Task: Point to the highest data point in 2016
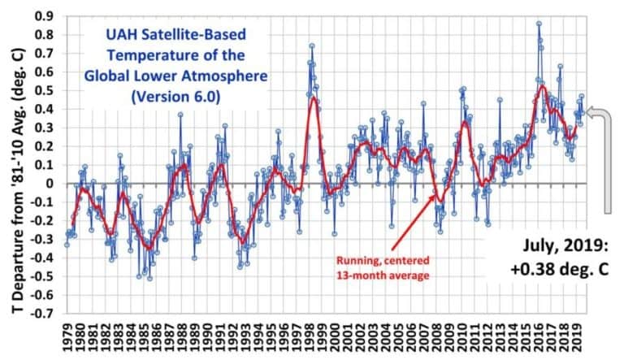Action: click(x=539, y=24)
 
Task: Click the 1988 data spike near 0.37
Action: click(x=180, y=115)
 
